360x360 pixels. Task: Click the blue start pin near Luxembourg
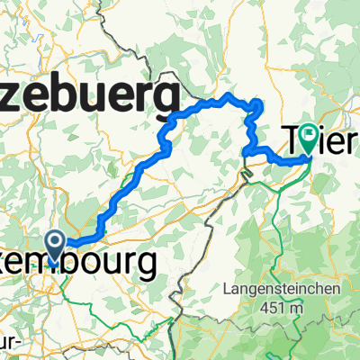[53, 240]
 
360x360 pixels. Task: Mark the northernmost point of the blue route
[230, 94]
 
